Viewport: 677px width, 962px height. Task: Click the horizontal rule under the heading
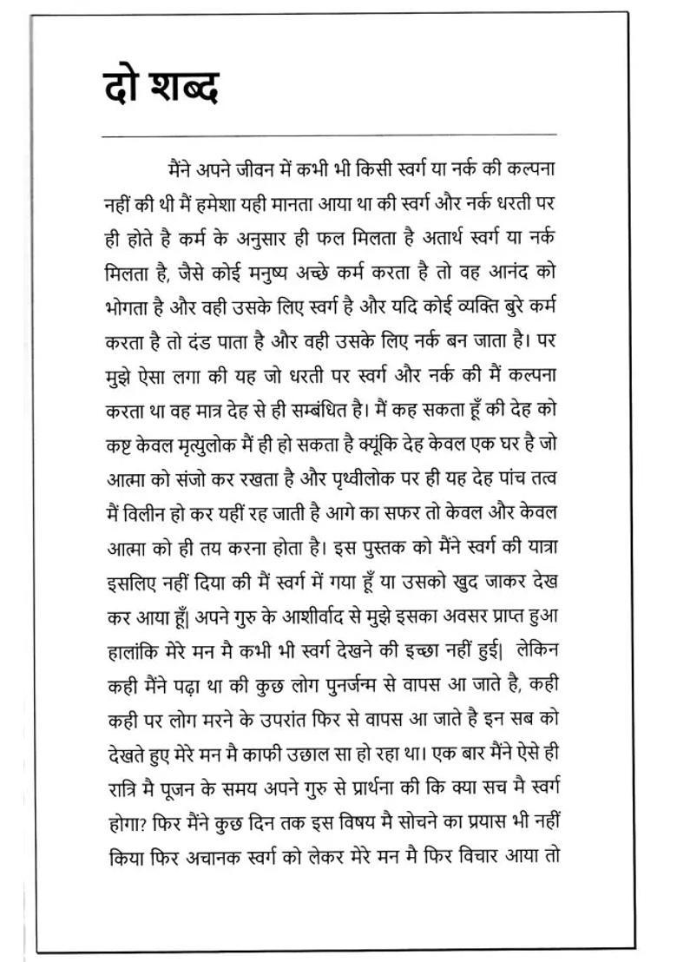tap(329, 135)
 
